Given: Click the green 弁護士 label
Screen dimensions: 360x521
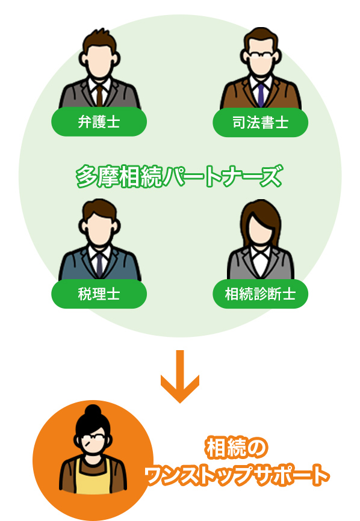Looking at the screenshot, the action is [x=99, y=122].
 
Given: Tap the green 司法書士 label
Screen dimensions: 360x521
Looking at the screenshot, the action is [x=260, y=122].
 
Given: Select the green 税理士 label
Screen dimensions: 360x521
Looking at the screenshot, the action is [x=99, y=294].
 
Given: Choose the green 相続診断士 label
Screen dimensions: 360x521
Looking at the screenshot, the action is [x=260, y=294].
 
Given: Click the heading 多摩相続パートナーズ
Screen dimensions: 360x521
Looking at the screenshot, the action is [x=179, y=176].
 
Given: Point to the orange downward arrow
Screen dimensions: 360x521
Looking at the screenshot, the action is [x=180, y=376].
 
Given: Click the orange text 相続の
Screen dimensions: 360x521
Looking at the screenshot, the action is [x=237, y=448].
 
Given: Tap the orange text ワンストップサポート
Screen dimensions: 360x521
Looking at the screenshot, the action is [x=237, y=475].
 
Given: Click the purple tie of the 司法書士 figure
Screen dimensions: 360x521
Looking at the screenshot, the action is [x=261, y=95].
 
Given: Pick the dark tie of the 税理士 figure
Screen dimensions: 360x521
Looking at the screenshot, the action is [x=99, y=266].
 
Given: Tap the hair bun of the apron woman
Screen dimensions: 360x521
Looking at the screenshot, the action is [x=93, y=412].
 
